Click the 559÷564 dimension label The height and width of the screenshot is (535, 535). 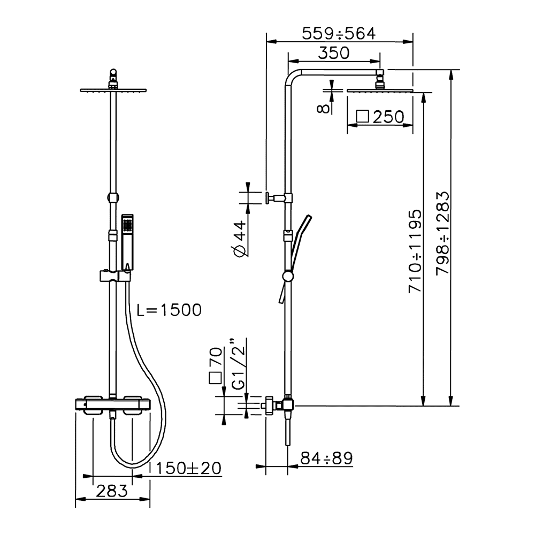(x=339, y=33)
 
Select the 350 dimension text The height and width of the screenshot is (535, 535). (x=334, y=53)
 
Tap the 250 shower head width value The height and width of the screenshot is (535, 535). (x=388, y=117)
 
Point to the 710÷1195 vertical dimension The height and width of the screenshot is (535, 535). (x=415, y=251)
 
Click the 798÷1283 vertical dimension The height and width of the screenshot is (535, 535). (x=443, y=233)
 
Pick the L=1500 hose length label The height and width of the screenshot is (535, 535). (x=169, y=310)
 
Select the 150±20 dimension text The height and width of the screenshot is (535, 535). (x=188, y=468)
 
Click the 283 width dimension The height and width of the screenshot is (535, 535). (x=112, y=491)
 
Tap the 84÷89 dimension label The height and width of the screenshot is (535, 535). (x=326, y=458)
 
